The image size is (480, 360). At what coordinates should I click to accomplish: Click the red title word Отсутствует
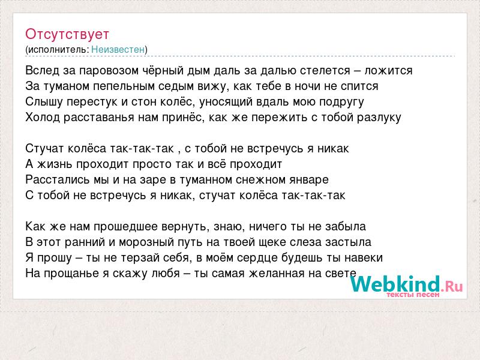67,34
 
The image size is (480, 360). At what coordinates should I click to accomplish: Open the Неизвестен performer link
118,49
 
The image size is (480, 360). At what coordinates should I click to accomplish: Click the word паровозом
109,71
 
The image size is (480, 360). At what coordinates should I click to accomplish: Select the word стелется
325,71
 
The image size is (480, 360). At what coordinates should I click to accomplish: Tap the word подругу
341,102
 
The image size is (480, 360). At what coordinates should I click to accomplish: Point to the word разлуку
379,118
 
